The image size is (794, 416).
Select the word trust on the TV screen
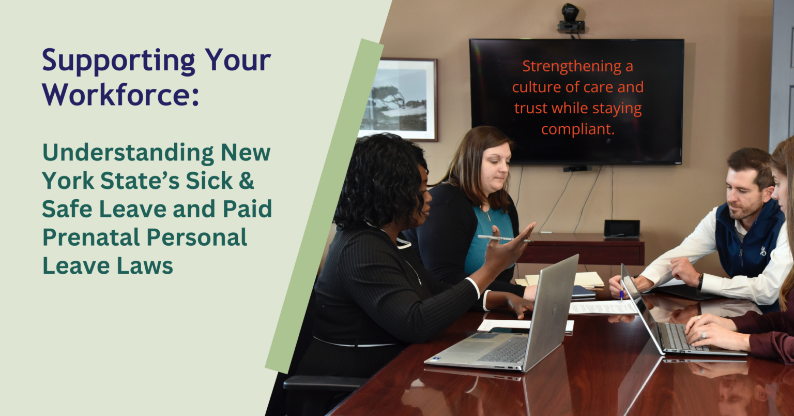(x=531, y=108)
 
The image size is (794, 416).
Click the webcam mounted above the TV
(x=571, y=19)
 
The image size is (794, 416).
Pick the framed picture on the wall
(x=399, y=99)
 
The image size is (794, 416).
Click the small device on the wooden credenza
(x=622, y=229)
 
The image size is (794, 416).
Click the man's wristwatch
(x=700, y=282)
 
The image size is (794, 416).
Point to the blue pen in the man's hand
(x=621, y=291)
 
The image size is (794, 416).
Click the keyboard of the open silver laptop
(x=504, y=350)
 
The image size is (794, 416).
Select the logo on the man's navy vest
(x=763, y=251)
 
